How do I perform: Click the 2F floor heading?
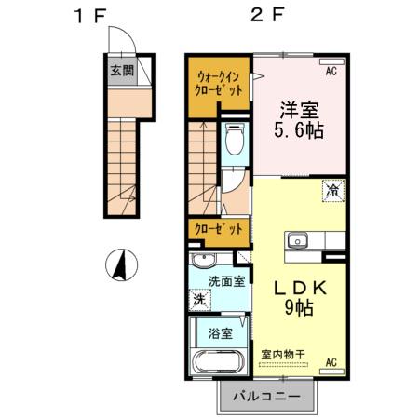[x=264, y=16]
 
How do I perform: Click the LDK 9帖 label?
[x=298, y=297]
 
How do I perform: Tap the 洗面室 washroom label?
[x=226, y=280]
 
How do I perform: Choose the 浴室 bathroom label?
[x=220, y=332]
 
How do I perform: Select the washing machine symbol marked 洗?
[x=198, y=300]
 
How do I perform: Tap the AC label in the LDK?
[x=331, y=361]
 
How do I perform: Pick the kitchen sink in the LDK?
[x=298, y=240]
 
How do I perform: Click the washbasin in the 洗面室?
[x=202, y=259]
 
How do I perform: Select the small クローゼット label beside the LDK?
[x=219, y=228]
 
